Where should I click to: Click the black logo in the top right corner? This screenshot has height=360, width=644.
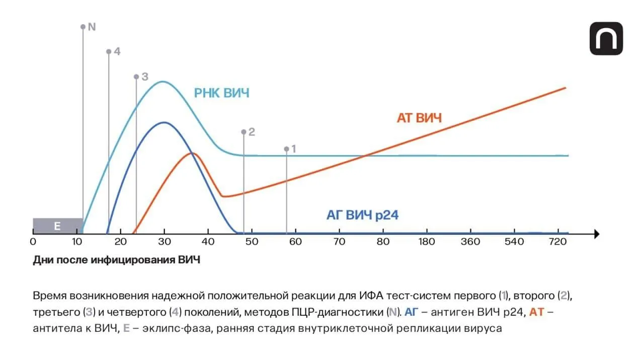[606, 39]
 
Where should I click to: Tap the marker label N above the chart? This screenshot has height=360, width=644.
[91, 26]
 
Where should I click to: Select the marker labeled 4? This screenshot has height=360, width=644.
[116, 51]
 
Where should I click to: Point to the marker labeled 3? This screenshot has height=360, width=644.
[144, 77]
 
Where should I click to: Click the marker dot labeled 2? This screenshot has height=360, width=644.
[244, 132]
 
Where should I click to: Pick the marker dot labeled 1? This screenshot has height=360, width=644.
[287, 149]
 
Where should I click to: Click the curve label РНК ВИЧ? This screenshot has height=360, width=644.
[221, 93]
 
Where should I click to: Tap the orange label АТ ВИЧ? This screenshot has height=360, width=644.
[419, 118]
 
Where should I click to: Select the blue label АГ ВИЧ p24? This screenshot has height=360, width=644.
[362, 215]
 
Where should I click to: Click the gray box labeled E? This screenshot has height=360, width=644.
[57, 226]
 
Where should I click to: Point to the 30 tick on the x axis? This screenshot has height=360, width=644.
[164, 242]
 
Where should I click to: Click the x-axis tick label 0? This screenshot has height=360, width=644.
[33, 242]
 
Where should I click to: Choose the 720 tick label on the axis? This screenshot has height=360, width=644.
[558, 242]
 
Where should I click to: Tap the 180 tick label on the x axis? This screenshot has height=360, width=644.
[427, 242]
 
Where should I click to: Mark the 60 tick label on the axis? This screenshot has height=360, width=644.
[295, 242]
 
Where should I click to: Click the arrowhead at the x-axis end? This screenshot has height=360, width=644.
[596, 234]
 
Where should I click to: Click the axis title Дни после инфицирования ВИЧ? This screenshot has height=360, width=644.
[116, 260]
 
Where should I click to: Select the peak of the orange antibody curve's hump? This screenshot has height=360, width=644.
[192, 153]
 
